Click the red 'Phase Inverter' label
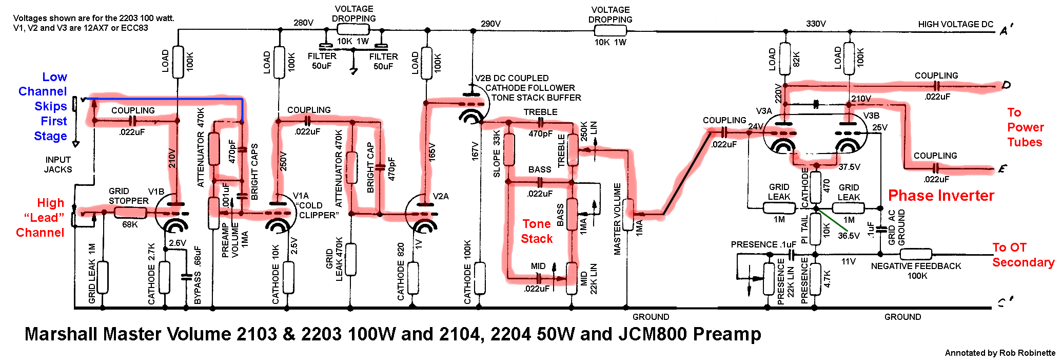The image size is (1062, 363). click(x=941, y=196)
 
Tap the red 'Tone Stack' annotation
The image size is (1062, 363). click(x=537, y=231)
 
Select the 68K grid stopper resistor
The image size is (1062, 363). click(x=130, y=213)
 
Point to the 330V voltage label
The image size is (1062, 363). click(x=816, y=24)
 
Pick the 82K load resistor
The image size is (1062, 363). click(x=785, y=59)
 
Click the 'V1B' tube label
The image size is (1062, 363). click(x=156, y=192)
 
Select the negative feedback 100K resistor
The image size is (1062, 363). click(x=916, y=254)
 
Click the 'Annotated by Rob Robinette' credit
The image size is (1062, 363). click(x=1000, y=353)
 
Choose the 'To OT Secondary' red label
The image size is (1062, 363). click(x=1023, y=255)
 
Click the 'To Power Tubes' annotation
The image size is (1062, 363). click(x=1025, y=127)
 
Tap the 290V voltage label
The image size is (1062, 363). click(x=490, y=24)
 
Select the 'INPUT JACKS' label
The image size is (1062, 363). click(x=58, y=165)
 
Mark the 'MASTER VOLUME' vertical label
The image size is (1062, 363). click(x=617, y=219)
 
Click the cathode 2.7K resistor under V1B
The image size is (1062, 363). click(x=164, y=277)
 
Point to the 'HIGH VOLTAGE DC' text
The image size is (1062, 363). click(x=956, y=24)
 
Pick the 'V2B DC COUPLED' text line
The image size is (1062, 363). click(x=512, y=78)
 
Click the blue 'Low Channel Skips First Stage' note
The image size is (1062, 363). click(x=43, y=106)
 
